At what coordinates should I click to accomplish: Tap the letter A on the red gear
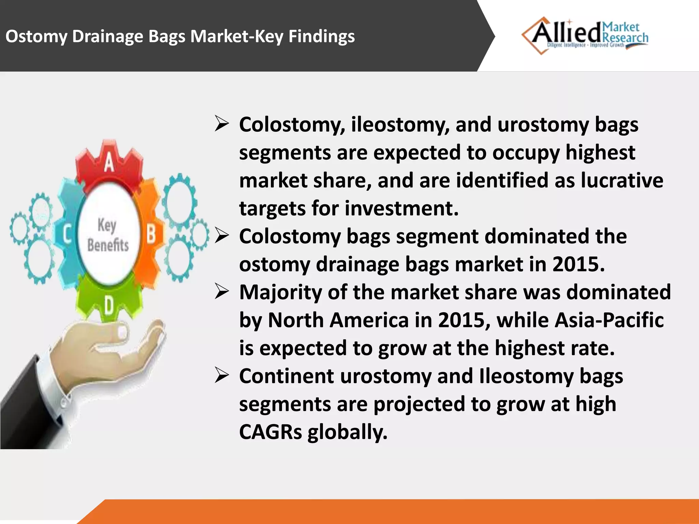click(x=109, y=162)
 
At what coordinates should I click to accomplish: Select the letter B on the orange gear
click(x=151, y=235)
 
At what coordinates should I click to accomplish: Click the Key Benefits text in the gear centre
click(x=108, y=235)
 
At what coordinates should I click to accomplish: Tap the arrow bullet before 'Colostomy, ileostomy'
click(x=222, y=124)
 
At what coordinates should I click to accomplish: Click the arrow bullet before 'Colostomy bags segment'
click(x=222, y=236)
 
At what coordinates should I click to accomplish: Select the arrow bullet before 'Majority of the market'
click(x=222, y=292)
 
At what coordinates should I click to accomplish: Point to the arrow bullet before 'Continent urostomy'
click(x=222, y=376)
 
